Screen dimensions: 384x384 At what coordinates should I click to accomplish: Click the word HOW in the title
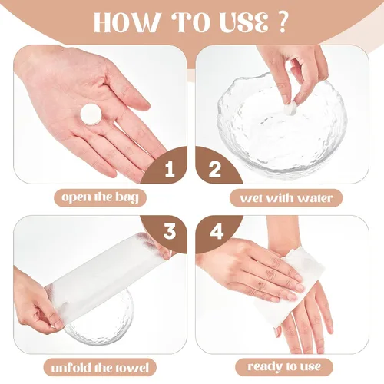tap(126, 22)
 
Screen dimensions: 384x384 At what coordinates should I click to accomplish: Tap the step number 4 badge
tap(217, 232)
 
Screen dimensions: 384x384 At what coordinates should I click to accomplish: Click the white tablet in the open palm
tap(91, 114)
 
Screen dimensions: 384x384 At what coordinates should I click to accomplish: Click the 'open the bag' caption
tap(100, 197)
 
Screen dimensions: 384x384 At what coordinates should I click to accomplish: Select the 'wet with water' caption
tap(286, 197)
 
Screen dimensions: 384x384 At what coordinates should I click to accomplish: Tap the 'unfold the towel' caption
tap(100, 368)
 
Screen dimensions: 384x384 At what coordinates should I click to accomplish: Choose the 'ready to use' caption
tap(284, 367)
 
